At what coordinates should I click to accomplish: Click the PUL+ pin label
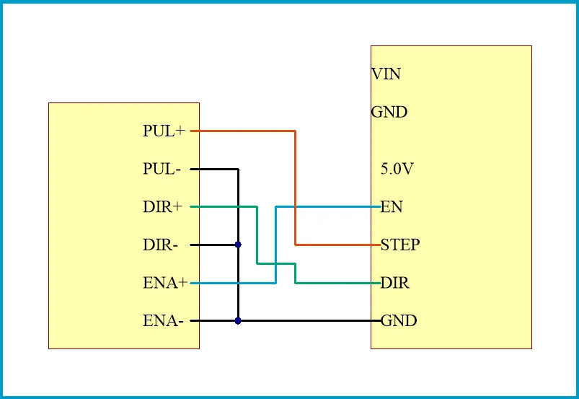[164, 131]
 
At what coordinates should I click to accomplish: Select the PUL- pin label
[162, 170]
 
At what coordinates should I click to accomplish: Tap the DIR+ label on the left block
[162, 208]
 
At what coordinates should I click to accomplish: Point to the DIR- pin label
[161, 245]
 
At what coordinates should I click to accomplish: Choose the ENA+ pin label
[165, 284]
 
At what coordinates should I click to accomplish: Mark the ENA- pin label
[162, 321]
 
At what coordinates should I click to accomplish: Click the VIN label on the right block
[386, 74]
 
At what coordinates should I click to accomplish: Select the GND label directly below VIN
[389, 113]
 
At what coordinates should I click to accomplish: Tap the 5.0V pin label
[397, 170]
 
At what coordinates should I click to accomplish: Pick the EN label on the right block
[392, 208]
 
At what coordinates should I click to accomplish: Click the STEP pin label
[400, 245]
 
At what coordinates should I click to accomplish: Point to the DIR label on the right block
[395, 284]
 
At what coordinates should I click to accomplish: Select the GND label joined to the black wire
[399, 321]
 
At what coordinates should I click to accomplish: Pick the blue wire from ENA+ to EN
[231, 284]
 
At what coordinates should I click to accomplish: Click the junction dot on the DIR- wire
[238, 245]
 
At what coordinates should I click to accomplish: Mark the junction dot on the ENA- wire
[238, 321]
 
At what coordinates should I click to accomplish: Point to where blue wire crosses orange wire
[296, 207]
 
